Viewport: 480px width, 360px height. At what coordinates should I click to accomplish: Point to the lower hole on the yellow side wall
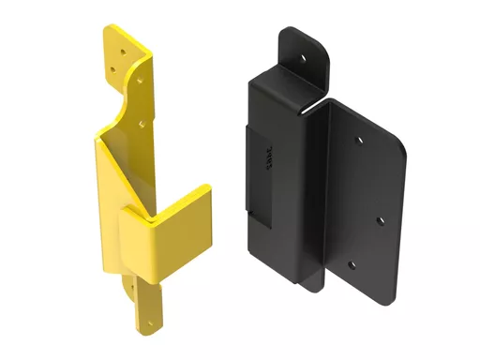(141, 121)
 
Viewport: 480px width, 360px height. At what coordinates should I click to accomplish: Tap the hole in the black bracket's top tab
(304, 56)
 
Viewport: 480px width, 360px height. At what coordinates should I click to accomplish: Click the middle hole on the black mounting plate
(379, 221)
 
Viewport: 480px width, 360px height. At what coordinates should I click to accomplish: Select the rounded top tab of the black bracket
(302, 52)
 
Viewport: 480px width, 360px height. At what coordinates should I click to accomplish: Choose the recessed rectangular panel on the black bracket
(259, 173)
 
